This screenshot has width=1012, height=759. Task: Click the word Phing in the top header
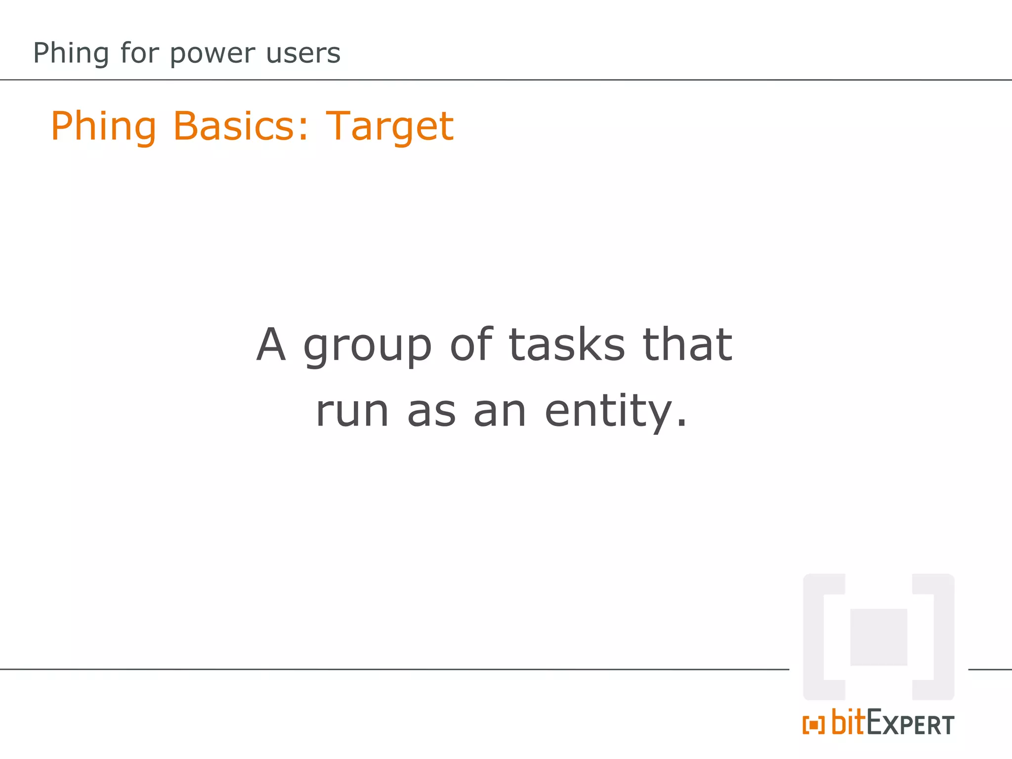pos(71,53)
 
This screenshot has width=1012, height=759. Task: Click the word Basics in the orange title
pos(241,126)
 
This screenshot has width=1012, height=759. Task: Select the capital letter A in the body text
pos(271,344)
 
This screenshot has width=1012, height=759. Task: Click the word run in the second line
pos(352,411)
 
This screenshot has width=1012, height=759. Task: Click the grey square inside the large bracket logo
pos(879,637)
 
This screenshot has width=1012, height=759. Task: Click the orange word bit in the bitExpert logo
pos(848,722)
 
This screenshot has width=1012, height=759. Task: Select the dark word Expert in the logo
pos(910,724)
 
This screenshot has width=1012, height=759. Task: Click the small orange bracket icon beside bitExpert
pos(813,725)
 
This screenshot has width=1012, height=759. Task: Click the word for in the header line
pos(139,53)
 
